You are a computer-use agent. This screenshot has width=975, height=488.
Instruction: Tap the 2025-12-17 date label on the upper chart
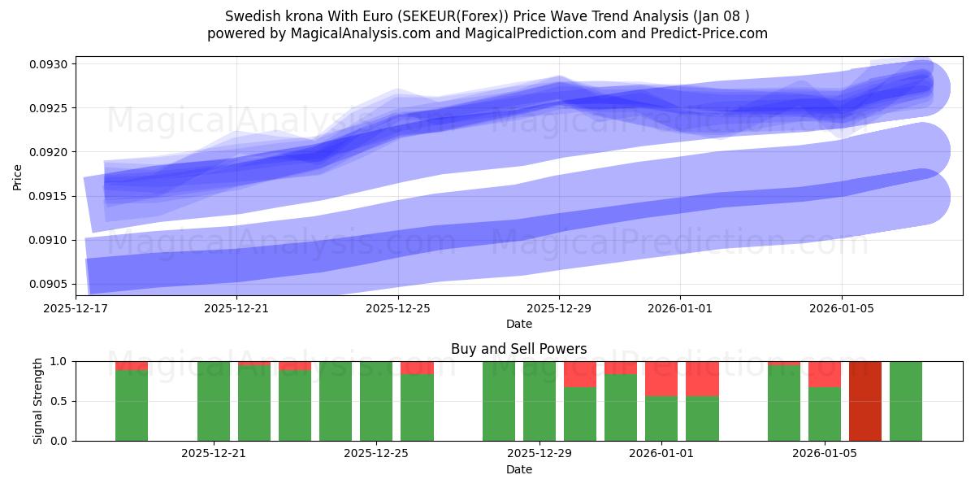pyautogui.click(x=76, y=308)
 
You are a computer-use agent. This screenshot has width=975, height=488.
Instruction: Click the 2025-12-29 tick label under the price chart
pyautogui.click(x=559, y=308)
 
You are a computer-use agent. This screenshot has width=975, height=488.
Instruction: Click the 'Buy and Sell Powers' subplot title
pyautogui.click(x=518, y=349)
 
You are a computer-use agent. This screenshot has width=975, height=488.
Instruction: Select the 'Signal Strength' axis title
pyautogui.click(x=37, y=401)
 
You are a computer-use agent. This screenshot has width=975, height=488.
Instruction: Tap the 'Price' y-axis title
pyautogui.click(x=18, y=176)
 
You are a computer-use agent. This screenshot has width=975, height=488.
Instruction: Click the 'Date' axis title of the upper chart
pyautogui.click(x=518, y=324)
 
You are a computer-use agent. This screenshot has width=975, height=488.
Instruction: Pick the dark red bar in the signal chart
pyautogui.click(x=865, y=401)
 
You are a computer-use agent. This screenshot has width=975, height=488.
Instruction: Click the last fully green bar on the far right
pyautogui.click(x=906, y=401)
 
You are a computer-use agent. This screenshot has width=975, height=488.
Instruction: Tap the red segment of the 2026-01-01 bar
pyautogui.click(x=661, y=378)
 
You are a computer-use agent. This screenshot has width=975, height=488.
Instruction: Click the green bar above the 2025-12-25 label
pyautogui.click(x=376, y=401)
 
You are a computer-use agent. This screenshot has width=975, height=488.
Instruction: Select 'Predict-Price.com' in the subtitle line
pyautogui.click(x=711, y=33)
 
